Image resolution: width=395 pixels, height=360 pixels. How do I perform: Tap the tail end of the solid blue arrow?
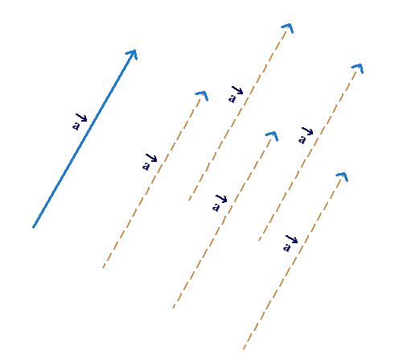pyautogui.click(x=33, y=228)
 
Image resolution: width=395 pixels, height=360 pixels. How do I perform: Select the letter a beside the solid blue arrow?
pyautogui.click(x=76, y=126)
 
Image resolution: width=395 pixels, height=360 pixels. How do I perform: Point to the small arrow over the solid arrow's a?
pyautogui.click(x=81, y=118)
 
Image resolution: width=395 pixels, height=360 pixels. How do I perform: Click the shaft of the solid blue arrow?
pyautogui.click(x=84, y=139)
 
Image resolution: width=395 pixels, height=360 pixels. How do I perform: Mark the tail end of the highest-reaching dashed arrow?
pyautogui.click(x=189, y=200)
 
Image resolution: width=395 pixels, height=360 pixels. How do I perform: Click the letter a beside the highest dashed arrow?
pyautogui.click(x=232, y=98)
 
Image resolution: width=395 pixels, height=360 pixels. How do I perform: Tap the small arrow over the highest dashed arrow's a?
pyautogui.click(x=237, y=90)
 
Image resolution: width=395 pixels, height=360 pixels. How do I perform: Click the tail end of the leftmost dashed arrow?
pyautogui.click(x=103, y=267)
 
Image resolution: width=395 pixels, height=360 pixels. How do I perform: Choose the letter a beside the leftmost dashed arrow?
pyautogui.click(x=146, y=166)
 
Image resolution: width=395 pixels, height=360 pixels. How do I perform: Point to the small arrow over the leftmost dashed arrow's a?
pyautogui.click(x=151, y=158)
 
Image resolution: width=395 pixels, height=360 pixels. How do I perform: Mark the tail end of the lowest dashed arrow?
pyautogui.click(x=244, y=349)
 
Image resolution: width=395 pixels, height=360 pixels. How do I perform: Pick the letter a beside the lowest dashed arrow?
pyautogui.click(x=286, y=247)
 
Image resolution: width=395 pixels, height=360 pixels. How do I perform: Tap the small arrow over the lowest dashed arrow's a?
pyautogui.click(x=292, y=239)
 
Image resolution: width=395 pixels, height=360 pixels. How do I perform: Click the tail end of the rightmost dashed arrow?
pyautogui.click(x=259, y=240)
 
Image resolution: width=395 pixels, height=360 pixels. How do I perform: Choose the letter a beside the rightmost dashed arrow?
pyautogui.click(x=302, y=139)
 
